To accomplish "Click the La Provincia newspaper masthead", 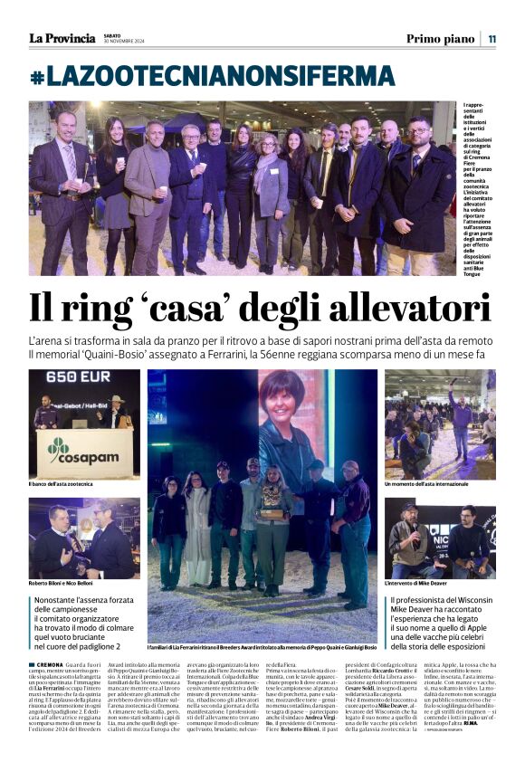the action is (62, 38).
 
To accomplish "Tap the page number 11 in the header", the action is (492, 38).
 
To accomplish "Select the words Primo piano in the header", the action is (440, 38).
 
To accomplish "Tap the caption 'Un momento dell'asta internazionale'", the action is (437, 485).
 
